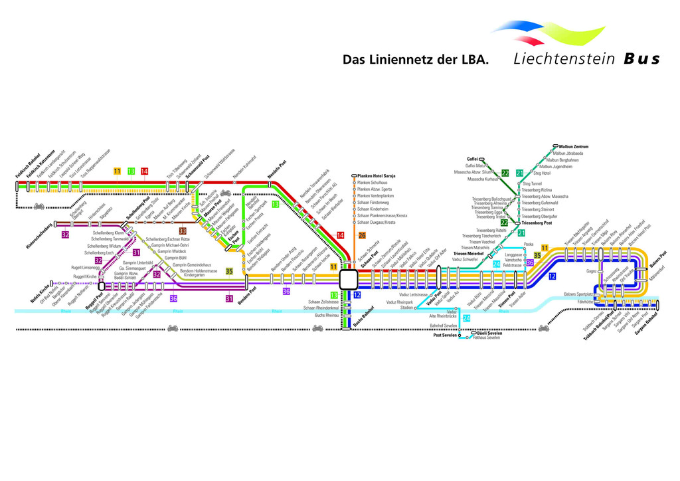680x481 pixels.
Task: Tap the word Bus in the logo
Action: [x=641, y=58]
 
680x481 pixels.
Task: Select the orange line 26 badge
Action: [x=362, y=235]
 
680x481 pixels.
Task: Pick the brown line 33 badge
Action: [x=182, y=231]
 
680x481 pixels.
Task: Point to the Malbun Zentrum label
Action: [x=574, y=146]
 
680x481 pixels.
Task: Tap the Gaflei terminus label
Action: [x=472, y=159]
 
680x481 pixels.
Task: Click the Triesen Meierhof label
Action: [x=468, y=254]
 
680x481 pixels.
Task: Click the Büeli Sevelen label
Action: [x=490, y=332]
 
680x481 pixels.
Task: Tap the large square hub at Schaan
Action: [x=349, y=279]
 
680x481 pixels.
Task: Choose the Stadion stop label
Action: [x=406, y=308]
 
